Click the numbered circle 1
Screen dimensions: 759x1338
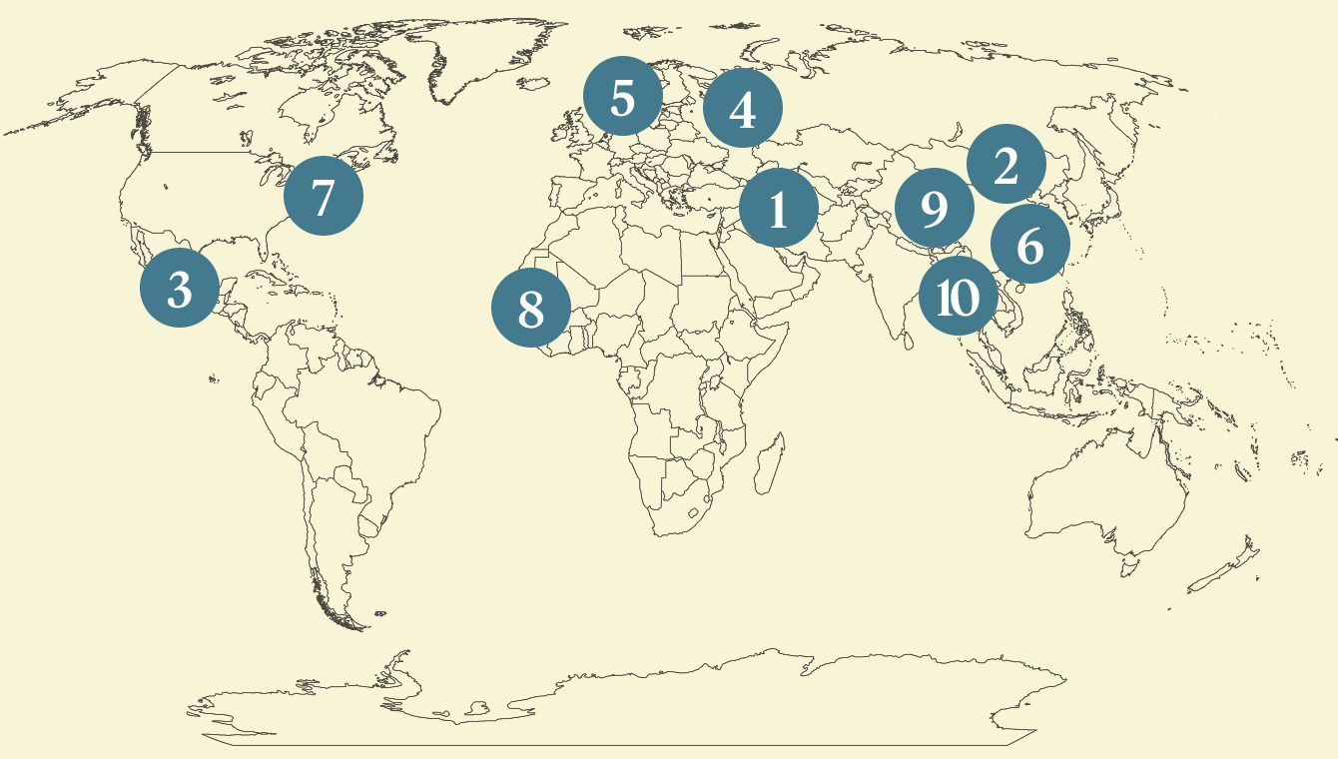(x=779, y=209)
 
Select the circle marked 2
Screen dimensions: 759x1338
(x=1005, y=165)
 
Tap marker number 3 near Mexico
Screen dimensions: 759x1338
(x=180, y=289)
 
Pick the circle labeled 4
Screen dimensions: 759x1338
(x=743, y=109)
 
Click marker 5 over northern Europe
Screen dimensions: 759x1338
(x=622, y=97)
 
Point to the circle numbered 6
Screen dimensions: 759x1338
(x=1030, y=244)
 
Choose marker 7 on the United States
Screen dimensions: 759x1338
(x=323, y=196)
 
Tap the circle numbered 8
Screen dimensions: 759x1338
(x=531, y=309)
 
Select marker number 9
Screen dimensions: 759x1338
(x=934, y=209)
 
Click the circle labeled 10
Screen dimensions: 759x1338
(x=958, y=296)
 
